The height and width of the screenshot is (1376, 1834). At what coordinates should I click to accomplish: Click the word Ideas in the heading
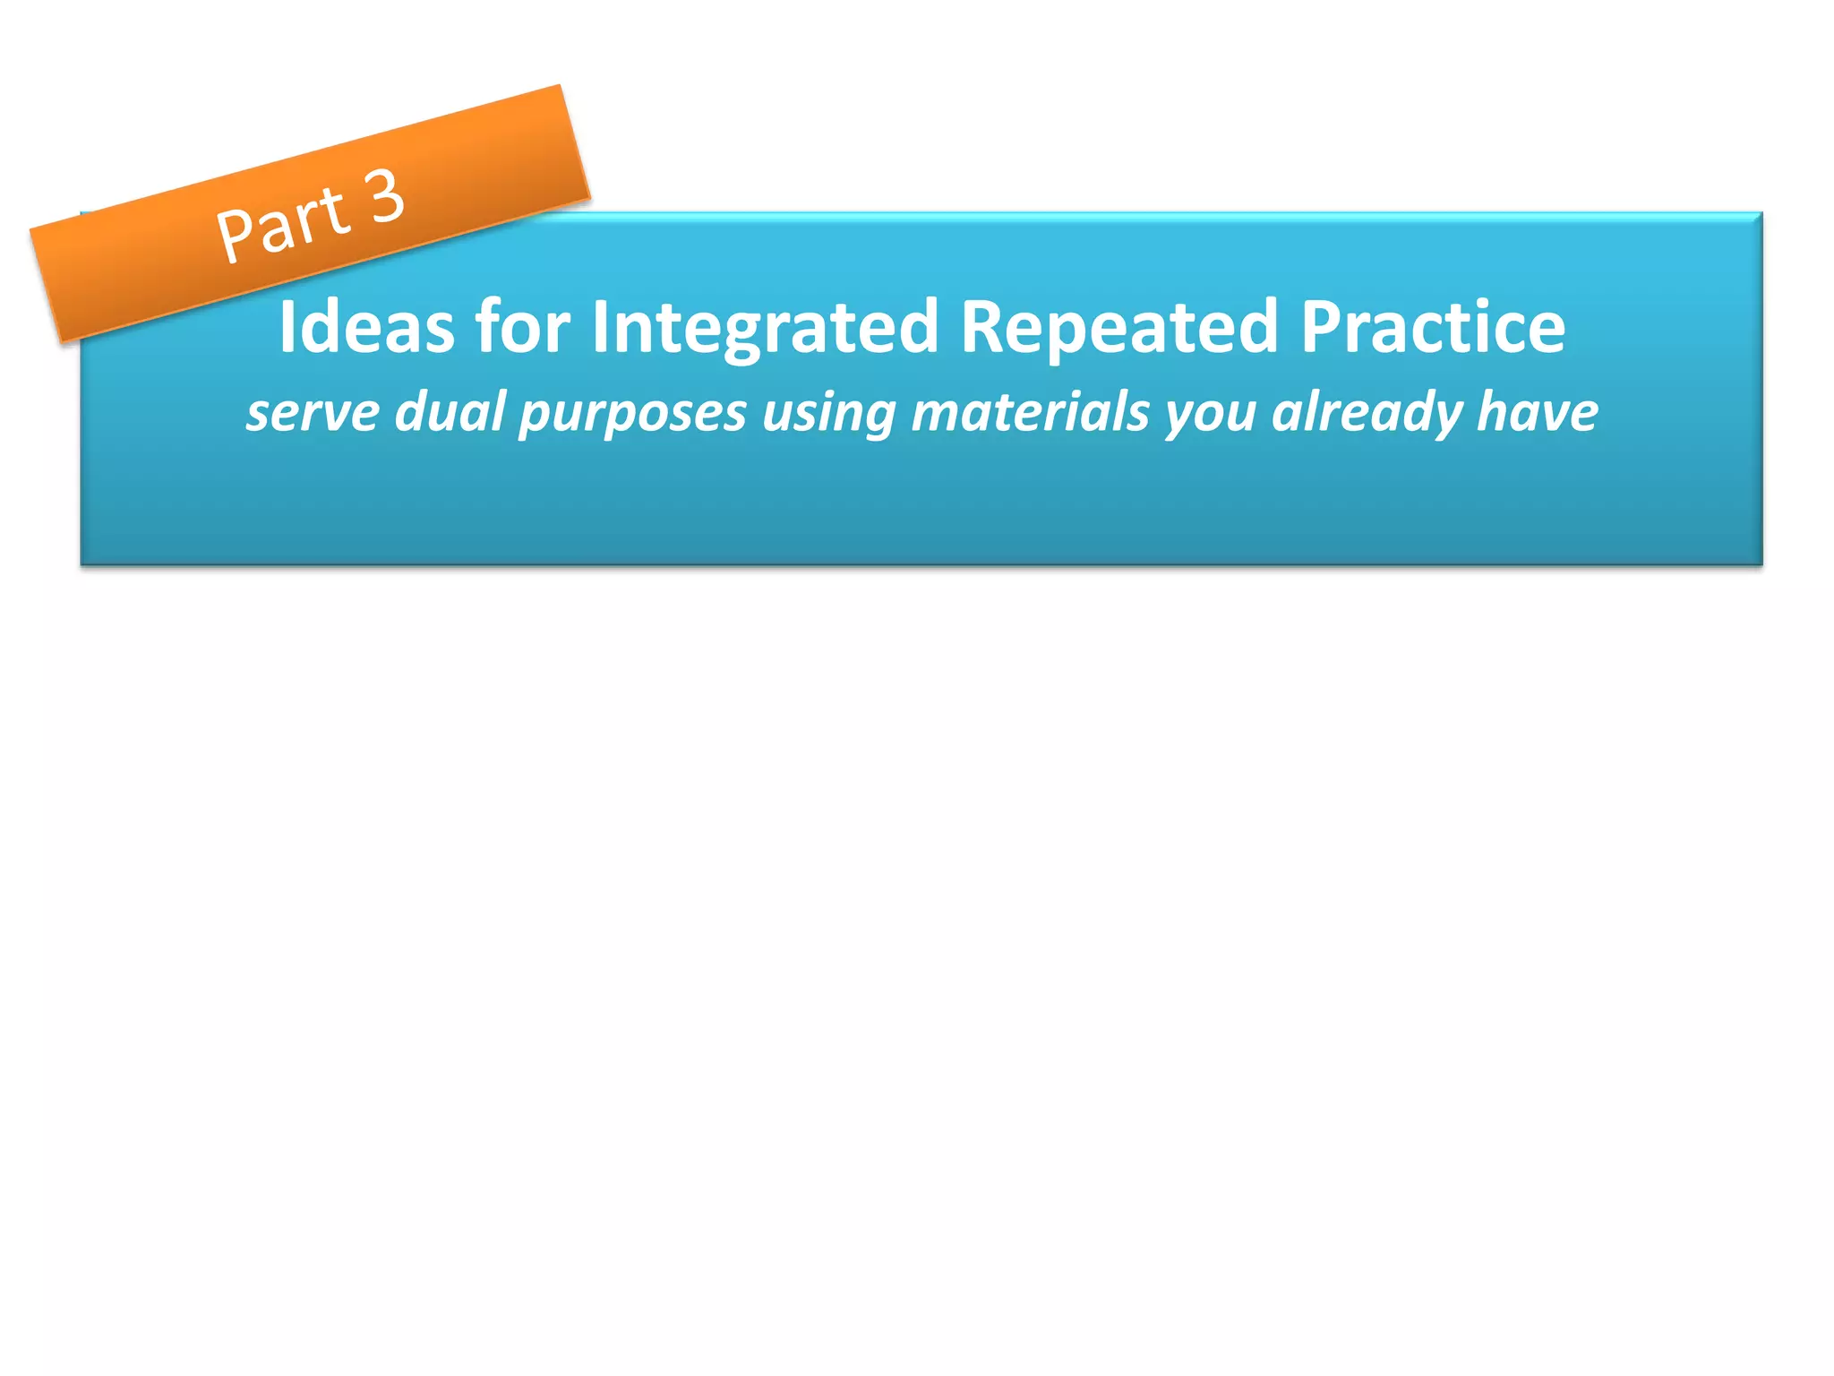tap(366, 328)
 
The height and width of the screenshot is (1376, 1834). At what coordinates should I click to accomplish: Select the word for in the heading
tap(522, 328)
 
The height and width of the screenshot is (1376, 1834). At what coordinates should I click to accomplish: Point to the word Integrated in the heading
tap(766, 328)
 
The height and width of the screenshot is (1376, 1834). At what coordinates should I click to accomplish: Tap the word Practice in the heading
tap(1433, 328)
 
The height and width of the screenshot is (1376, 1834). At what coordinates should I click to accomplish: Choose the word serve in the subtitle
tap(313, 413)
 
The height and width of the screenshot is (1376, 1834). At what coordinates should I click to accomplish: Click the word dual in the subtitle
tap(450, 413)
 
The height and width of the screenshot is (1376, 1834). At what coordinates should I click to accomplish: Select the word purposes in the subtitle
tap(633, 413)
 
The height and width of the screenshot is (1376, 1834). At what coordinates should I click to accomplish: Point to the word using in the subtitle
tap(828, 413)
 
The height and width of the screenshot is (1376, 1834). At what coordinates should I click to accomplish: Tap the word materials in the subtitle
tap(1030, 413)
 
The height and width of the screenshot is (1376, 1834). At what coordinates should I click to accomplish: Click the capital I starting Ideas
tap(287, 328)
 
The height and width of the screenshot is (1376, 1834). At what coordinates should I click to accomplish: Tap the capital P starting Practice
tap(1320, 328)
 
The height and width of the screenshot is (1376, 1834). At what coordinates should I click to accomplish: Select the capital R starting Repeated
tap(981, 328)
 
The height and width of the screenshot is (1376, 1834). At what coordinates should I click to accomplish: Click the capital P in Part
tap(236, 236)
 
